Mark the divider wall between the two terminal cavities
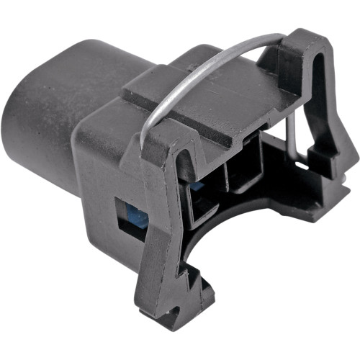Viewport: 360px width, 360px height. (x=225, y=180)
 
